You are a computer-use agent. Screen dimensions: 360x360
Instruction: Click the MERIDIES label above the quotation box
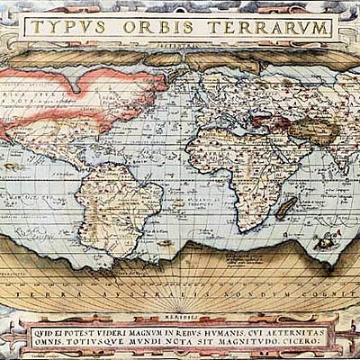tap(180, 315)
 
